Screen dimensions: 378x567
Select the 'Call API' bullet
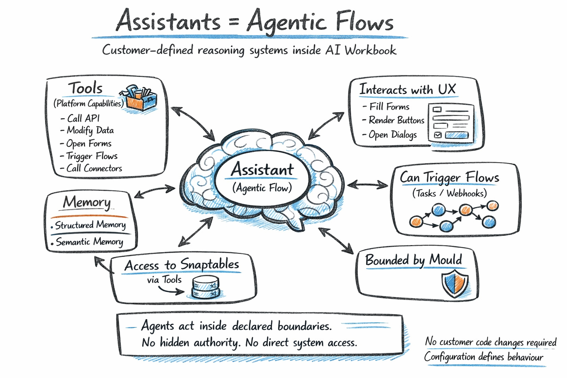83,118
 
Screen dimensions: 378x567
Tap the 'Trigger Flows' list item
92,156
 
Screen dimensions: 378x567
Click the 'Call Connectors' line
94,168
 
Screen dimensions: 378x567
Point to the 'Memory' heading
87,202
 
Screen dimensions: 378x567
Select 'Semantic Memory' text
89,242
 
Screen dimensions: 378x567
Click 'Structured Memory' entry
90,225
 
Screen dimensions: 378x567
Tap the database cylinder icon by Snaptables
206,287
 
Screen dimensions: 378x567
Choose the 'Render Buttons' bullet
396,120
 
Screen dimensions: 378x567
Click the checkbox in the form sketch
438,135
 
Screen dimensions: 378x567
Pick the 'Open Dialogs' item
392,135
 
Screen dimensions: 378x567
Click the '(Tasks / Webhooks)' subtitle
449,193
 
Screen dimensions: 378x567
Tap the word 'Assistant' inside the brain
262,170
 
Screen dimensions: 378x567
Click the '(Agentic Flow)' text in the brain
262,188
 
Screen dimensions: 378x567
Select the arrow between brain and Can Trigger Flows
368,185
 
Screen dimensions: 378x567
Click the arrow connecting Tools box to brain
193,124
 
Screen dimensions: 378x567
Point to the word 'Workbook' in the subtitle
370,50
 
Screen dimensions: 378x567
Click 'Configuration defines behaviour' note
484,357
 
